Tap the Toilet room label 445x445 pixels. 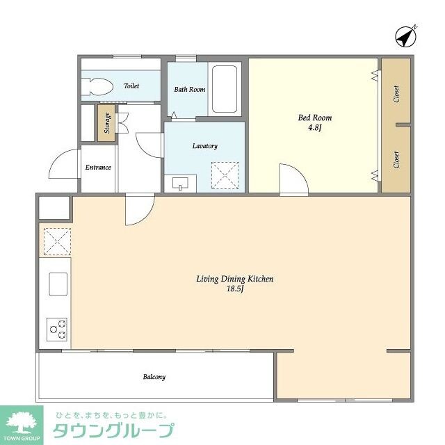131,86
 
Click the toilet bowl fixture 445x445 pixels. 97,87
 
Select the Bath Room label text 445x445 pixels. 189,90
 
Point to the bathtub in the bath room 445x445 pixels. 225,89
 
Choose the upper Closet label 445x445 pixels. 396,94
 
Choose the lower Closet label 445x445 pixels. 396,160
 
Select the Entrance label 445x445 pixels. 98,168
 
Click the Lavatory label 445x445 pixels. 204,146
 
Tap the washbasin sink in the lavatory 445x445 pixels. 180,184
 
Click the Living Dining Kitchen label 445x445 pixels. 234,279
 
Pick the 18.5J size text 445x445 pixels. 234,289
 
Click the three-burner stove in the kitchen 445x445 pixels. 57,329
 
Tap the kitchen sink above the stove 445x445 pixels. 57,284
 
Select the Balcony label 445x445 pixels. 154,377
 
